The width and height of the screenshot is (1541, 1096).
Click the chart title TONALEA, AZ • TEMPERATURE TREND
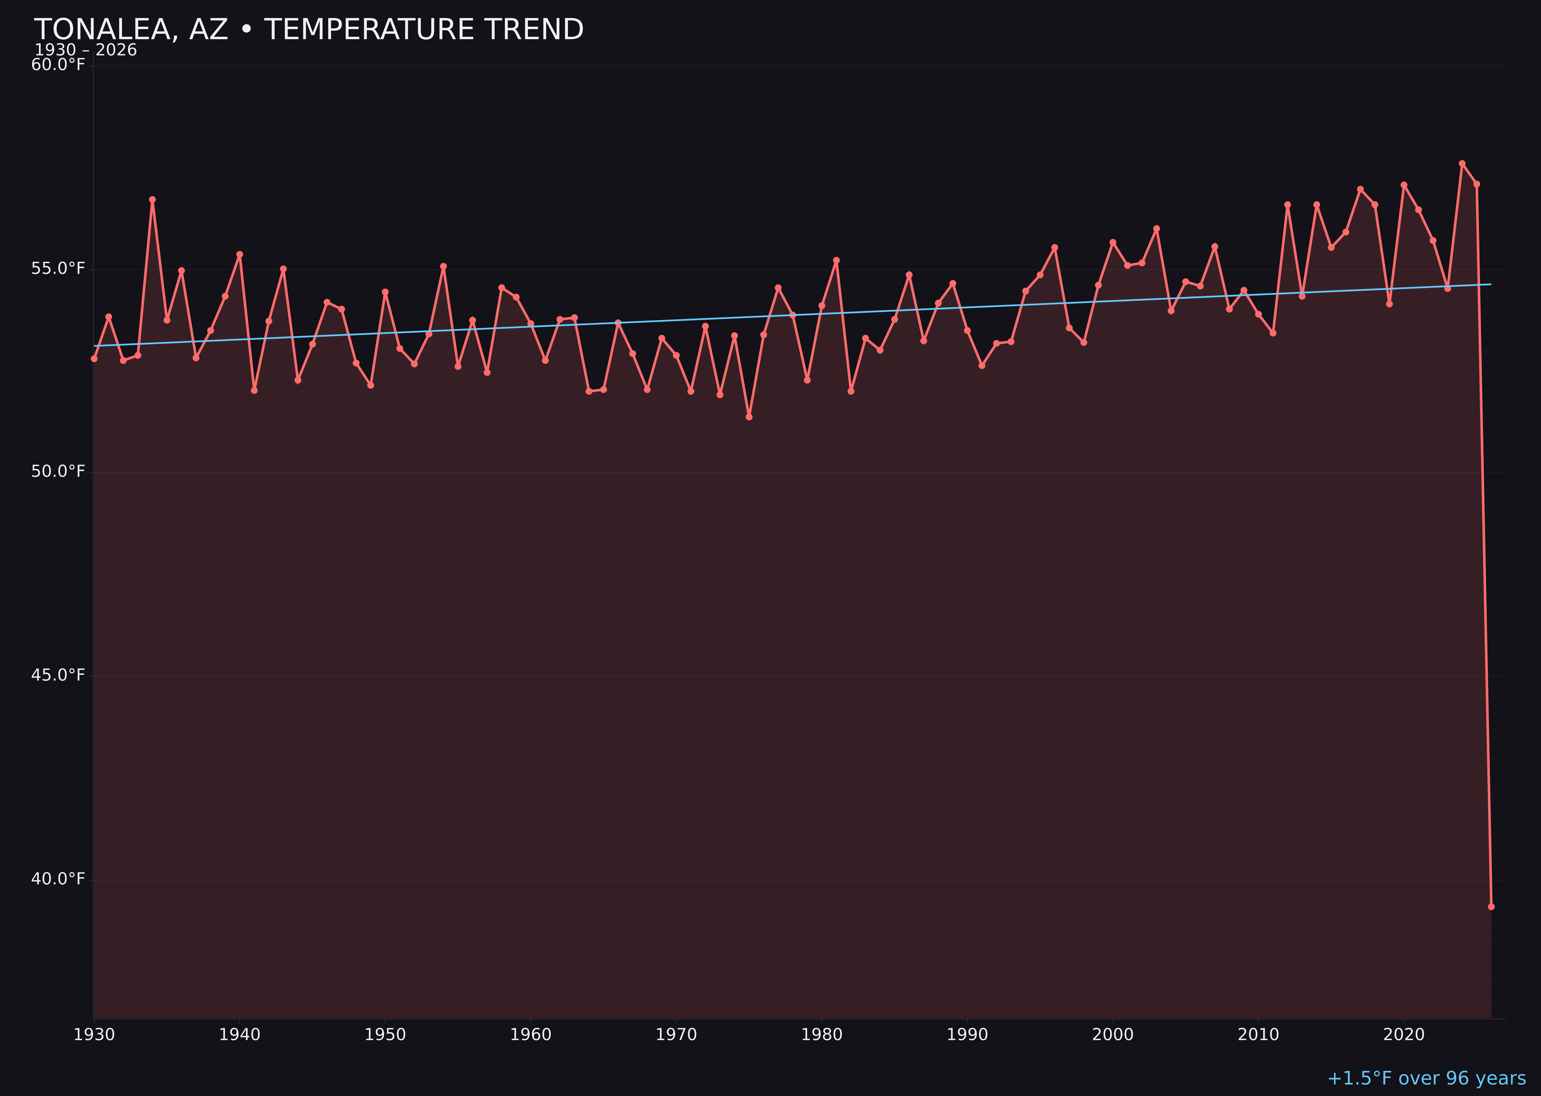click(x=308, y=30)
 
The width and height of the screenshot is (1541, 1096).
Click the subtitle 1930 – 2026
click(x=86, y=50)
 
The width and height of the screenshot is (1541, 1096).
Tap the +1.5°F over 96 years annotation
click(x=1426, y=1078)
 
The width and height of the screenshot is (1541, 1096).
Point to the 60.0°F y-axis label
click(x=58, y=65)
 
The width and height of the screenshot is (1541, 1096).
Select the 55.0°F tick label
click(x=58, y=269)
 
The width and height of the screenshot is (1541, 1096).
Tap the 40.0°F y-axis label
click(x=58, y=879)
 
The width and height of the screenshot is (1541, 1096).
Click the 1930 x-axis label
click(x=94, y=1035)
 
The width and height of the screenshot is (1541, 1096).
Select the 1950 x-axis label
click(x=385, y=1035)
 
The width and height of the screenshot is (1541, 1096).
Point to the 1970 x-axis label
click(x=676, y=1035)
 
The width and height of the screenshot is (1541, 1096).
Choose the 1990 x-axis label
click(x=967, y=1035)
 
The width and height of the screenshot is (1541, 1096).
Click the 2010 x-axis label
click(x=1258, y=1035)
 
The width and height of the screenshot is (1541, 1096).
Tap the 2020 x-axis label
click(x=1403, y=1035)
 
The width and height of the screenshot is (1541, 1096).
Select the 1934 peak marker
click(x=153, y=200)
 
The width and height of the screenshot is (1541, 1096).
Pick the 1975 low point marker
click(x=749, y=417)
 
